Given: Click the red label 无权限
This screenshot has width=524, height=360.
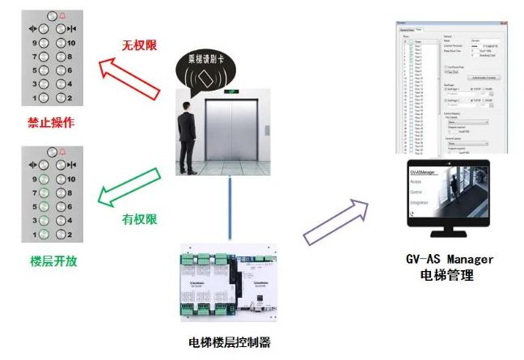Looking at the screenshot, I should point(140,45).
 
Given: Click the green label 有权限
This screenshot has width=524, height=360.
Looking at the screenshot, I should point(139,218).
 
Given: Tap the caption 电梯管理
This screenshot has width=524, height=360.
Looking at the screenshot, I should point(449,276).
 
